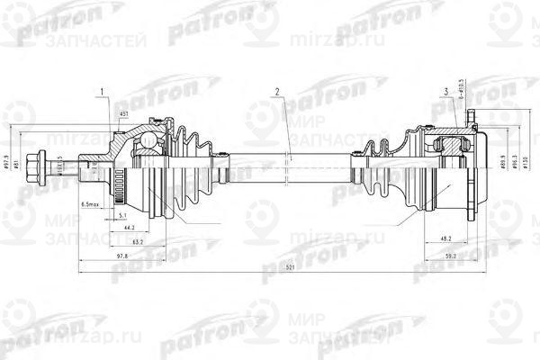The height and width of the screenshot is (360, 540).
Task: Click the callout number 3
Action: pos(447,92)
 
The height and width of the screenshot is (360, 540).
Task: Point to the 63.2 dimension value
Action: pos(138,242)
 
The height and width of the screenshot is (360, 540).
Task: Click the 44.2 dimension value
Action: pos(130,229)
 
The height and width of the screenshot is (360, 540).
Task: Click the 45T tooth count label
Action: pos(123,114)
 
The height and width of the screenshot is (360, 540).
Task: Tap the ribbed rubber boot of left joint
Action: pos(193,166)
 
